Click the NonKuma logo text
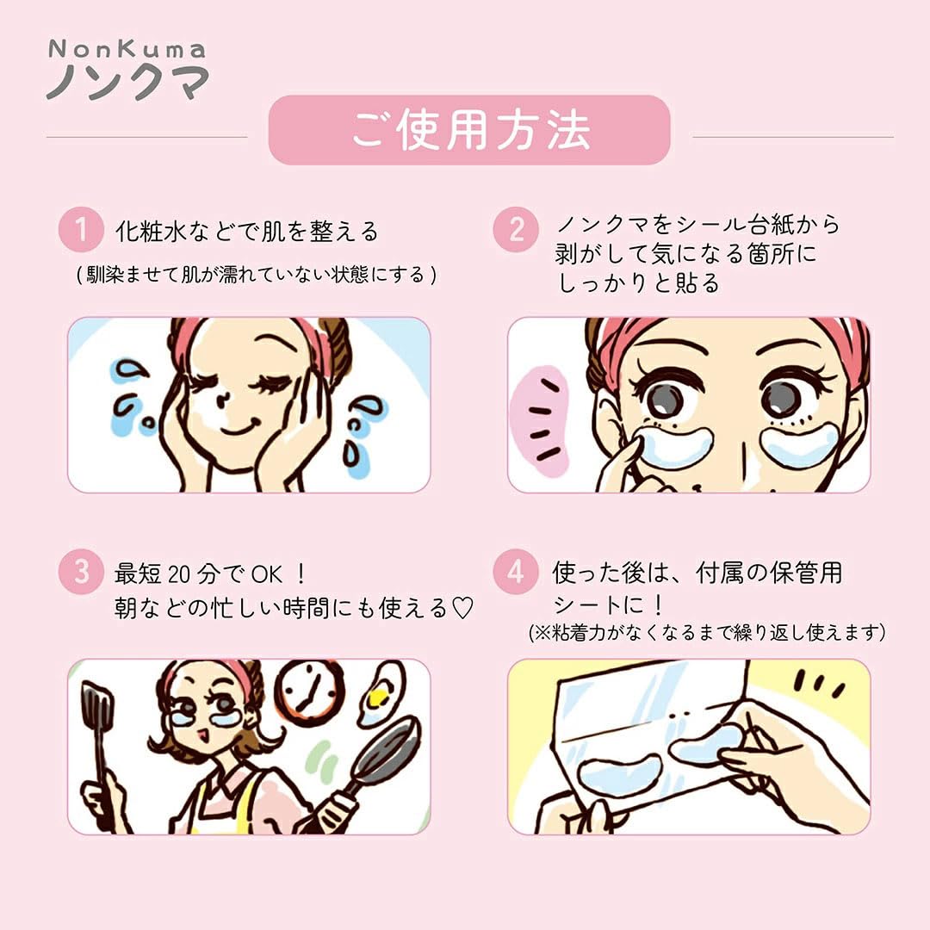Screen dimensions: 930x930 pyautogui.click(x=127, y=70)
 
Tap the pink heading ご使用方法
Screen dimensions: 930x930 pyautogui.click(x=469, y=131)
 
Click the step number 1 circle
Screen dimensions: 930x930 pyautogui.click(x=81, y=230)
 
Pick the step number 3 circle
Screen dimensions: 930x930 pyautogui.click(x=81, y=573)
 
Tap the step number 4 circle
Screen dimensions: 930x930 pyautogui.click(x=516, y=573)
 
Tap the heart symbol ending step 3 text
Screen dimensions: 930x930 pyautogui.click(x=463, y=609)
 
